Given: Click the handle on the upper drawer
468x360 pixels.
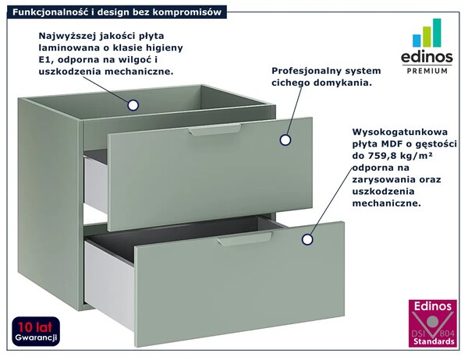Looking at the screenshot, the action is (214, 129).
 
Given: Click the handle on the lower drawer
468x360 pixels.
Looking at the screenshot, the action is (245, 238).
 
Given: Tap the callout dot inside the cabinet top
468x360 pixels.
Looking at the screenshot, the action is (133, 105).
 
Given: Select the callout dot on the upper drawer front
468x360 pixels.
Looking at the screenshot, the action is (285, 140).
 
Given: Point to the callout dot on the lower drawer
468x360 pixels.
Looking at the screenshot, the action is (307, 239).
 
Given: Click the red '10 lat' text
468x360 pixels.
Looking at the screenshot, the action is (35, 327).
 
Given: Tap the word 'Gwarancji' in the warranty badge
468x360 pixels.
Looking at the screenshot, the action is (36, 338).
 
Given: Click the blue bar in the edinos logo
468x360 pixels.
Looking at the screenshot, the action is (417, 41).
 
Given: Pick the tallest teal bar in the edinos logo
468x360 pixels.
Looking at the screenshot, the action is (437, 33).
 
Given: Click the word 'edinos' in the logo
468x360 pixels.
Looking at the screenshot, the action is (427, 57).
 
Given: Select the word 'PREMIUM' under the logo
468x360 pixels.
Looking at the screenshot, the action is (427, 71).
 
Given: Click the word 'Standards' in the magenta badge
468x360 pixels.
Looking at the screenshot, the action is (434, 341).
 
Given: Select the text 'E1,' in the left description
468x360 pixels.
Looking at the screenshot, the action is (46, 60).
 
